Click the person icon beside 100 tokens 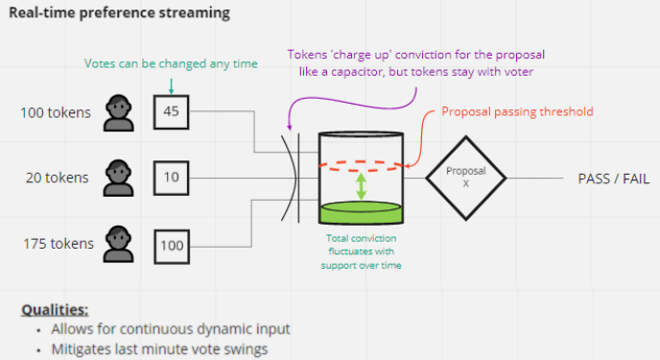coord(119,113)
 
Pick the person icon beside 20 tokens coord(119,178)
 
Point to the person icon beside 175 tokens coord(119,244)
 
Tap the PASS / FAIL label coord(614,179)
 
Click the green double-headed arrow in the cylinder coord(361,186)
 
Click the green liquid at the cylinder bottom coord(361,212)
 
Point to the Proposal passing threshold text coord(517,111)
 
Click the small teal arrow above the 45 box coord(171,85)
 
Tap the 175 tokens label coord(59,244)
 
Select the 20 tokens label coord(58,178)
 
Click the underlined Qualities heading coord(55,310)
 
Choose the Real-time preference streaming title coord(120,12)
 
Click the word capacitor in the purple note coord(357,72)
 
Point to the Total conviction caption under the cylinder coord(361,252)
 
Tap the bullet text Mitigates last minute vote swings coord(159,349)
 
